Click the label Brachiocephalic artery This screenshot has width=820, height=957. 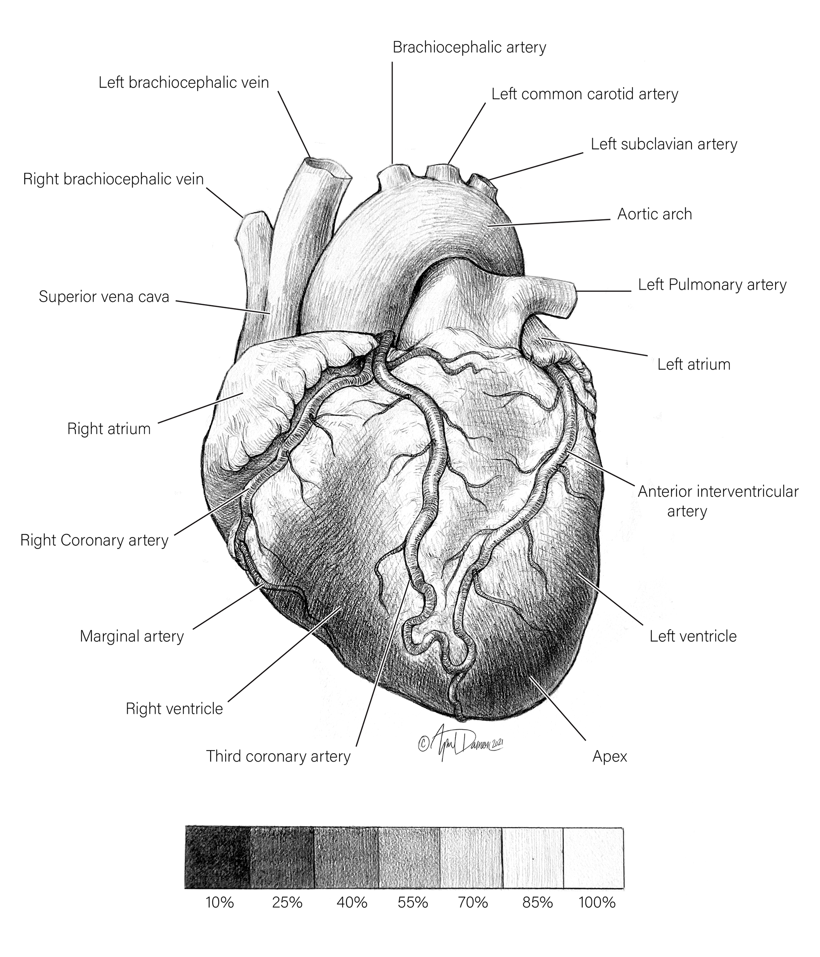(469, 47)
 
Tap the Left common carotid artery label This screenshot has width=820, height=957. (585, 94)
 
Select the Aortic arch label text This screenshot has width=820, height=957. (654, 214)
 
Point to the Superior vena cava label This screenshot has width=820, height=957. (104, 296)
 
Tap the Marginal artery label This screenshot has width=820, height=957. (132, 637)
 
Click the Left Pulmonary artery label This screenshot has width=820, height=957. (712, 285)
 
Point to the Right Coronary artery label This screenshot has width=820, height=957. (94, 540)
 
